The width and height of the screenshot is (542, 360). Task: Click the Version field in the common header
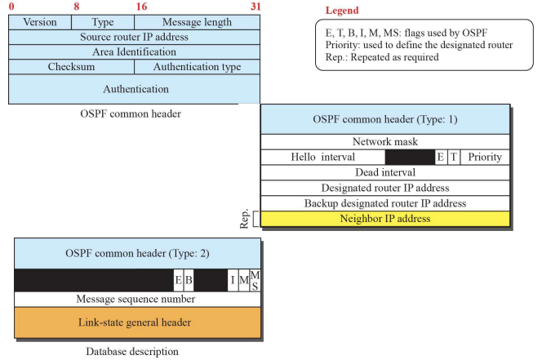click(x=40, y=22)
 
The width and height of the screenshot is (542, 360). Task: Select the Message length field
click(x=197, y=22)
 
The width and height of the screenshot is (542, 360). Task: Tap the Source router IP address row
click(x=134, y=37)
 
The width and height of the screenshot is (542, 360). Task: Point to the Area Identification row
click(x=134, y=51)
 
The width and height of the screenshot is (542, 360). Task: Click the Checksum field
click(x=71, y=66)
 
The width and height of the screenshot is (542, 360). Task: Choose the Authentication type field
click(x=197, y=66)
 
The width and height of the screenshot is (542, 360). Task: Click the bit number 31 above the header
click(x=255, y=7)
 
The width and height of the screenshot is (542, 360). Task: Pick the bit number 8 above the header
click(x=76, y=7)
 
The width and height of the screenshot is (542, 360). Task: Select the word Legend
click(x=341, y=11)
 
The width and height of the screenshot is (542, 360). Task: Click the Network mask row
click(x=385, y=141)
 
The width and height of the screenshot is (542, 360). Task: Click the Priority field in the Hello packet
click(x=485, y=157)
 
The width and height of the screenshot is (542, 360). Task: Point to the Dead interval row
click(x=385, y=172)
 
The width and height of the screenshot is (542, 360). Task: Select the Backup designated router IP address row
click(x=385, y=203)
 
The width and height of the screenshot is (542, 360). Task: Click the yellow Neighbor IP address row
click(x=385, y=219)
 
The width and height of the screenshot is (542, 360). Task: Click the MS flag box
click(x=255, y=281)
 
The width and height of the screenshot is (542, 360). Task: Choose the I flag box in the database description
click(x=232, y=281)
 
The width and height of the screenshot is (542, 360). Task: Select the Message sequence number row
click(x=135, y=299)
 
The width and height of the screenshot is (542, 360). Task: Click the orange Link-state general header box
click(x=135, y=322)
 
